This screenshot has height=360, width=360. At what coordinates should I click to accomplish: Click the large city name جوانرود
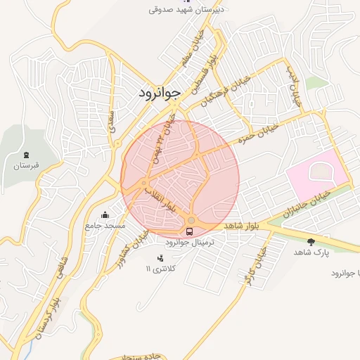point(156,92)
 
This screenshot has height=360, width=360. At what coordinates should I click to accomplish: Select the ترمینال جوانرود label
point(190,241)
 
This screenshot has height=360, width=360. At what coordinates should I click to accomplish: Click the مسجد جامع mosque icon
point(105,215)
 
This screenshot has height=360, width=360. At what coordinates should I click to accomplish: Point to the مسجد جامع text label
point(105,226)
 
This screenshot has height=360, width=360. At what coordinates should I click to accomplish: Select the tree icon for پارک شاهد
point(311,241)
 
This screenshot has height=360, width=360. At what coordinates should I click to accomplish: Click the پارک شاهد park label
point(311,252)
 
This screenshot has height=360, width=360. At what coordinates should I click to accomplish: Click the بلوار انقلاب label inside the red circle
point(158,199)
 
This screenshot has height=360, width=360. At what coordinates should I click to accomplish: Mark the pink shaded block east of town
point(316,175)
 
